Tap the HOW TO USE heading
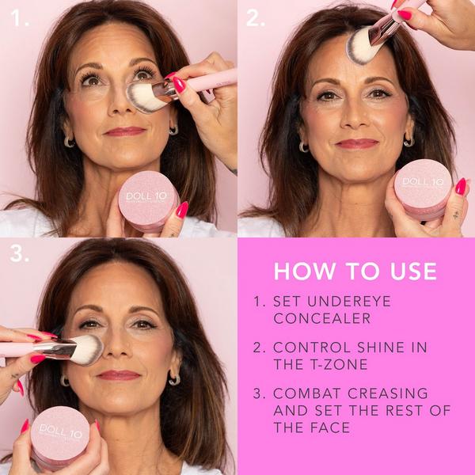point(355,272)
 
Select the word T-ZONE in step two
point(333,364)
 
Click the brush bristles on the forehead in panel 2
point(363,44)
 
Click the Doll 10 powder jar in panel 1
point(148,200)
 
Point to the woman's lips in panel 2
point(357,144)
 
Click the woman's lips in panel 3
point(120,375)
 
